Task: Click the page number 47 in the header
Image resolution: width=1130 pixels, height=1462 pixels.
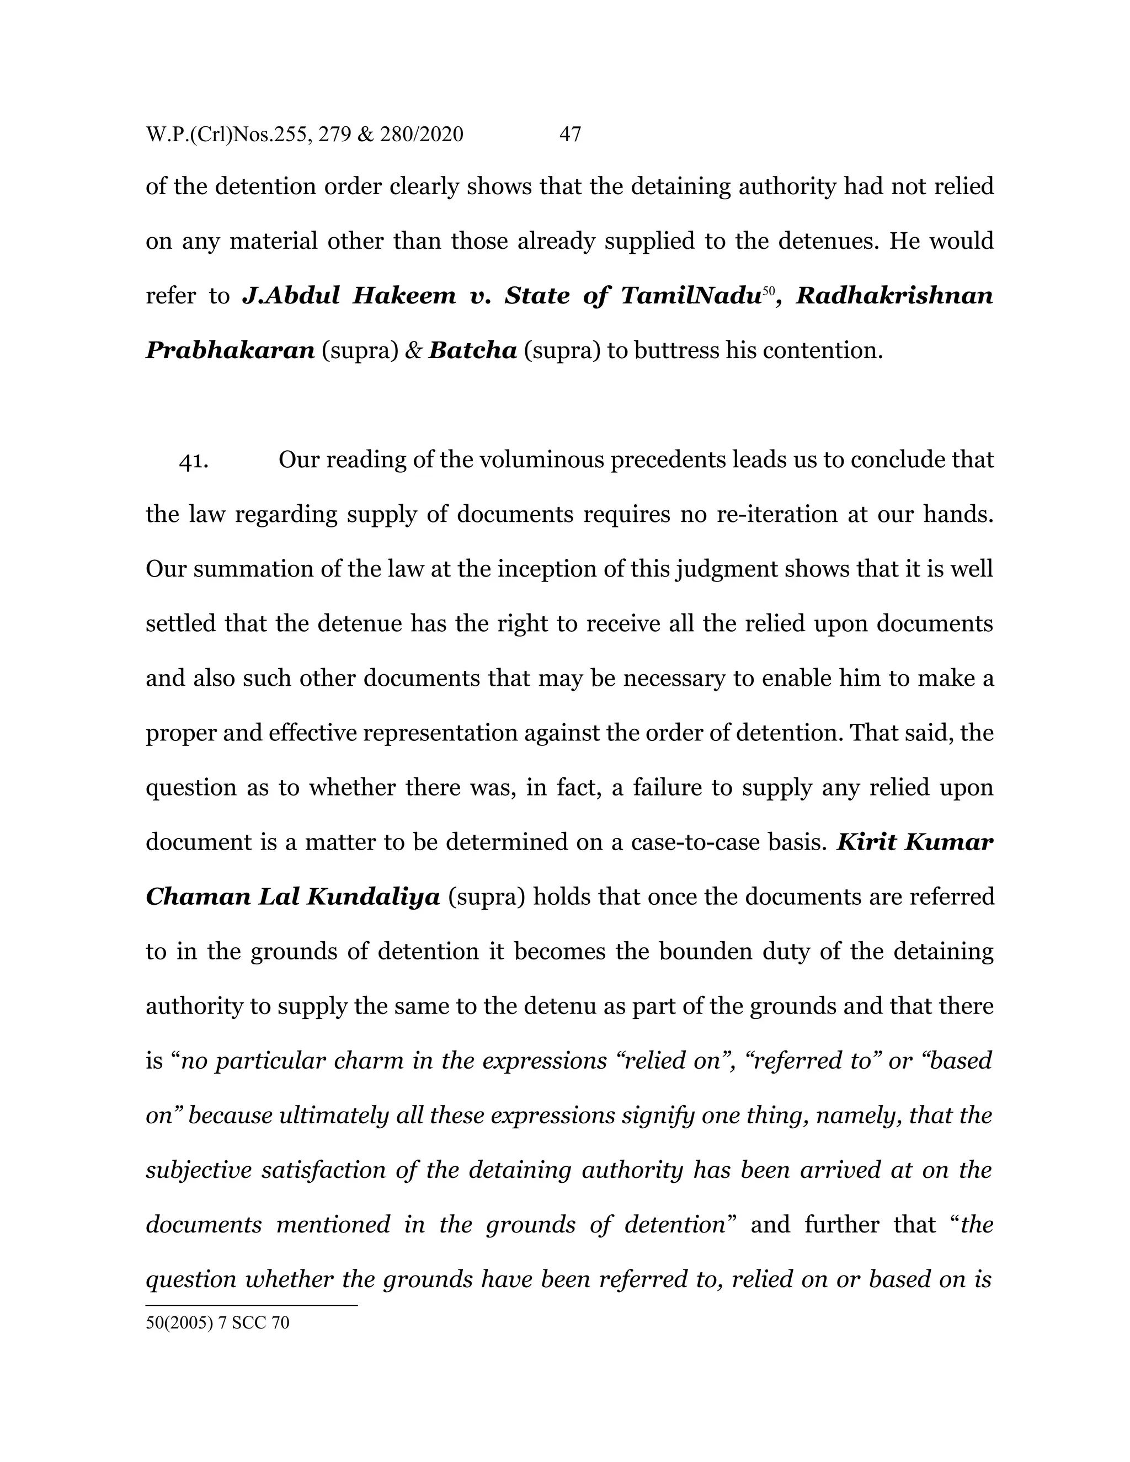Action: click(569, 135)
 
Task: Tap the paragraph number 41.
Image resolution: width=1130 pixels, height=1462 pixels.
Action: click(194, 461)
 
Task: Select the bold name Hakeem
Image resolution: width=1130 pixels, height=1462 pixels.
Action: click(404, 296)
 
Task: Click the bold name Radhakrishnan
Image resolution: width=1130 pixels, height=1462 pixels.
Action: click(894, 296)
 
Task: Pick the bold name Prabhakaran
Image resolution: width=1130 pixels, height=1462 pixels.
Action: click(230, 351)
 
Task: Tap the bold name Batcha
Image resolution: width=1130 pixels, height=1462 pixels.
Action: click(473, 351)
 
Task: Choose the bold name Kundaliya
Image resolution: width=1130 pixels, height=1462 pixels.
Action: click(373, 897)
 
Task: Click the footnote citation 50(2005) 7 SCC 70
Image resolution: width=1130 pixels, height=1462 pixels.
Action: click(217, 1323)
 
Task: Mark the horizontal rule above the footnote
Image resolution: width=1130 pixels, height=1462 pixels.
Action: click(252, 1305)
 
